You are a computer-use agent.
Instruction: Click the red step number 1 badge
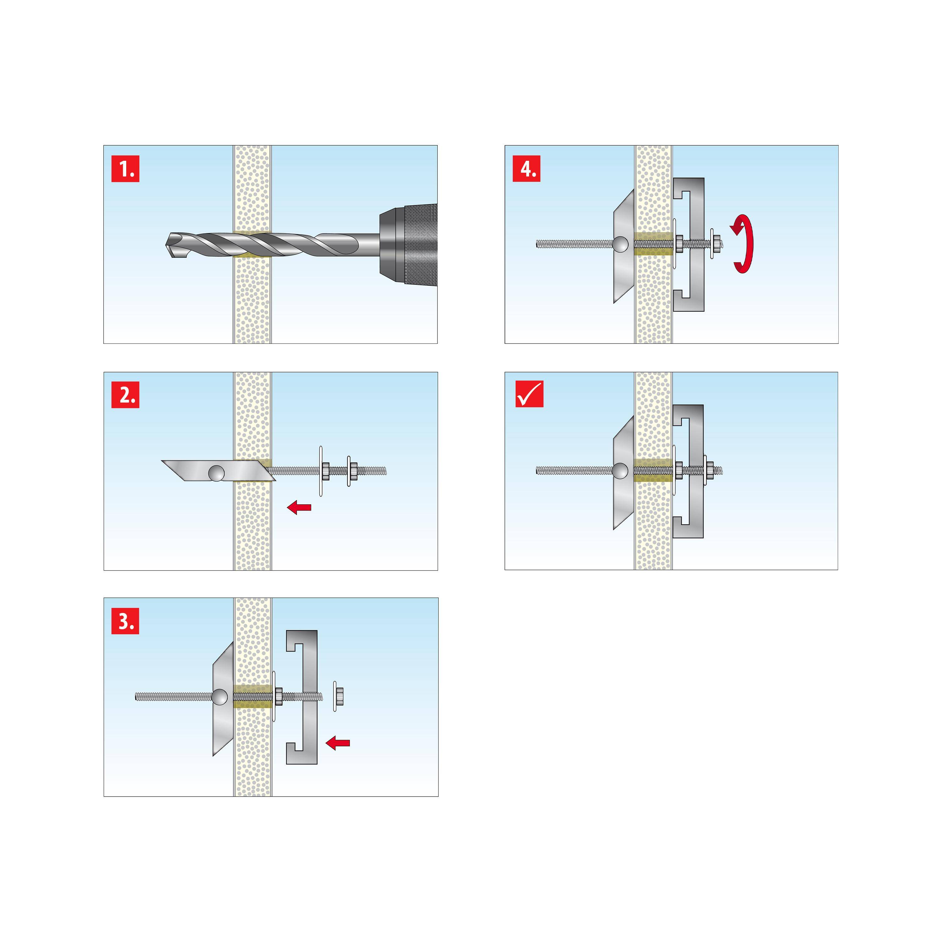click(x=125, y=169)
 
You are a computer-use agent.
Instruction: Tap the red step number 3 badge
click(x=125, y=621)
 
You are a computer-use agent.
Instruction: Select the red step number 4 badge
click(x=527, y=168)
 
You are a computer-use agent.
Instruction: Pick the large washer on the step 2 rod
click(x=321, y=471)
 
